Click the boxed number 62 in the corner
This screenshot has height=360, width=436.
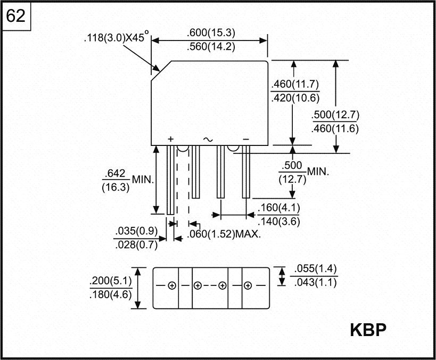pos(16,17)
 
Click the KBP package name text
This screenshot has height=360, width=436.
pos(368,330)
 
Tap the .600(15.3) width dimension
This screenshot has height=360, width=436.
pos(211,32)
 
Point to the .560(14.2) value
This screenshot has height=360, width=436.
pos(211,46)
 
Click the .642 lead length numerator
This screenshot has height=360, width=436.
pos(115,174)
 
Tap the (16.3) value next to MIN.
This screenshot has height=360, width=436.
pos(115,187)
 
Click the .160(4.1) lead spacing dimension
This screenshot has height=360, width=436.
pos(278,208)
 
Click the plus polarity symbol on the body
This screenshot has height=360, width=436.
pos(170,138)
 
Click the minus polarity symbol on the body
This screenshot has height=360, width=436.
pos(246,138)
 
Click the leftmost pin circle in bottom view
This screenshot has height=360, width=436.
pos(171,286)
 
